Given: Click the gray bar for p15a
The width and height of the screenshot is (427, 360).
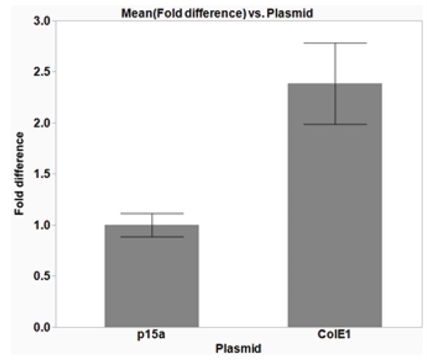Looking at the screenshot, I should pyautogui.click(x=152, y=276).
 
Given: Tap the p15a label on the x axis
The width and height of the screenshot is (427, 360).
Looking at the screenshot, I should pyautogui.click(x=152, y=337).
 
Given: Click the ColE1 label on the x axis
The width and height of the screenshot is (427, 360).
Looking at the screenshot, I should pyautogui.click(x=335, y=337).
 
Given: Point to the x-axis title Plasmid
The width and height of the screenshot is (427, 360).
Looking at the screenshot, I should pyautogui.click(x=238, y=349).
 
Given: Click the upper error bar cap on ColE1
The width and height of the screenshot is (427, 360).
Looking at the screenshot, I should pyautogui.click(x=334, y=43).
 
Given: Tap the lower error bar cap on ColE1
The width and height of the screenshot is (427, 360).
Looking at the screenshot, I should pyautogui.click(x=334, y=124).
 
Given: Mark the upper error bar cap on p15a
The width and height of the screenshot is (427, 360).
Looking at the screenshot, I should pyautogui.click(x=152, y=214).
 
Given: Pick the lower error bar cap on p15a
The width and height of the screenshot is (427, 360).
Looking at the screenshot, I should pyautogui.click(x=152, y=237).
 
